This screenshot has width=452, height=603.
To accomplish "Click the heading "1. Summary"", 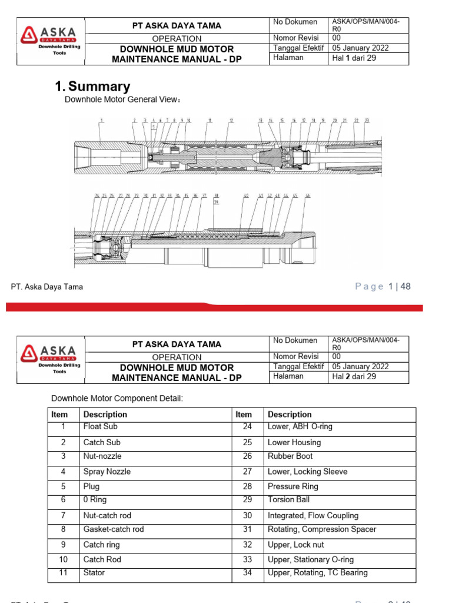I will (92, 87).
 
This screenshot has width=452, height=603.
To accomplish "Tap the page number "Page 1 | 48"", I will (383, 287).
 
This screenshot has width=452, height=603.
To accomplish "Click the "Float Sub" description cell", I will (102, 426).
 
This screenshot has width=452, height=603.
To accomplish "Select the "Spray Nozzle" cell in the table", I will (107, 472).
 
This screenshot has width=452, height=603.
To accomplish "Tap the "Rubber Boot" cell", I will (290, 456).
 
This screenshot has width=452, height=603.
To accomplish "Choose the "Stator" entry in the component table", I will (94, 572).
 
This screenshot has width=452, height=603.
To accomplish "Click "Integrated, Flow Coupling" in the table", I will (313, 515).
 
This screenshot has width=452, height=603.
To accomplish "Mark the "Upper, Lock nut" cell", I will (295, 545).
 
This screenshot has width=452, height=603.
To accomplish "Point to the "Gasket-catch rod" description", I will (114, 529).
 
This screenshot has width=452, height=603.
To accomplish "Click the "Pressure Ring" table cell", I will (293, 486).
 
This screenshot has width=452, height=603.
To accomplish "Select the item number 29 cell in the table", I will (247, 499).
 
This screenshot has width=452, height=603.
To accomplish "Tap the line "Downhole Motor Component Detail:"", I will (117, 399).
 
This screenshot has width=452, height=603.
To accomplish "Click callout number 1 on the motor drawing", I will (101, 120).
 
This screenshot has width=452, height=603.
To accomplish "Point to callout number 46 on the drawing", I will (307, 195).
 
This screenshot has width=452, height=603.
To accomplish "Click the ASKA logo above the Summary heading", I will (49, 39).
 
